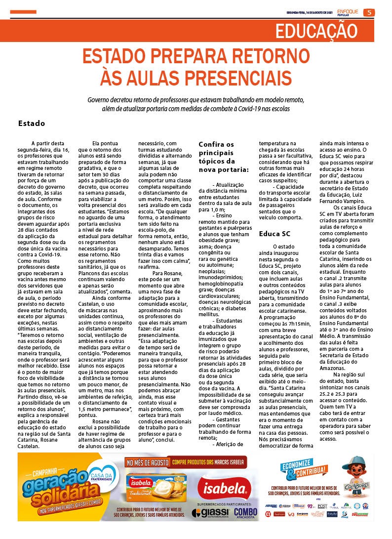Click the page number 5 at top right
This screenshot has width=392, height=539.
pos(368,12)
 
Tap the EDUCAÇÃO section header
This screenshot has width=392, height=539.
pos(316,31)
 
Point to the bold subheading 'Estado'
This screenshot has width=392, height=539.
pos(31,124)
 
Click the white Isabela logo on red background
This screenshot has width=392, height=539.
pos(222,488)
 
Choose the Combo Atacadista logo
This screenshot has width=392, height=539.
pos(245,513)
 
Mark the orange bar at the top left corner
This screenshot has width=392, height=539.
pos(24,12)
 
